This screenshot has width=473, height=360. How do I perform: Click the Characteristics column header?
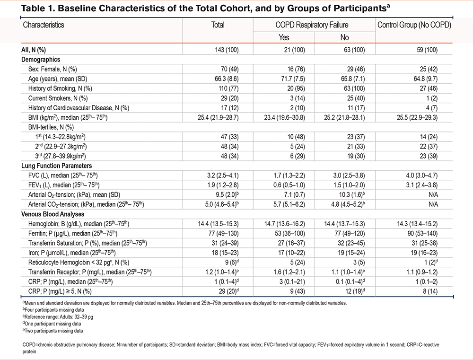pyautogui.click(x=44, y=25)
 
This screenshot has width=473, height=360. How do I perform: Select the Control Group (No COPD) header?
pyautogui.click(x=414, y=25)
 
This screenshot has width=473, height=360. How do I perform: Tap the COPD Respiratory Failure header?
pyautogui.click(x=312, y=25)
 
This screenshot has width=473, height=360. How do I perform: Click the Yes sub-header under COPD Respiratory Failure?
pyautogui.click(x=283, y=37)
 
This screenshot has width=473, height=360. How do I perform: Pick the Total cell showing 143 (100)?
pyautogui.click(x=227, y=50)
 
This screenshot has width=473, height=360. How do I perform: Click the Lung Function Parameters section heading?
pyautogui.click(x=56, y=166)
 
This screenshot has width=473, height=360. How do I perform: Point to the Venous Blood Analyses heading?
pyautogui.click(x=53, y=214)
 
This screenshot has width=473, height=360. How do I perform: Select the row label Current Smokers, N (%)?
pyautogui.click(x=58, y=98)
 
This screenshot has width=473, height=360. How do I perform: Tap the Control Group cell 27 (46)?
pyautogui.click(x=429, y=88)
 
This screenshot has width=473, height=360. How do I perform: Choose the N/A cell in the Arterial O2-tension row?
pyautogui.click(x=433, y=194)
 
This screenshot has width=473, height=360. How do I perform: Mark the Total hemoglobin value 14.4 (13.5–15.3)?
pyautogui.click(x=218, y=224)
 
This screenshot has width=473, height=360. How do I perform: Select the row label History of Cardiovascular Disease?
pyautogui.click(x=79, y=108)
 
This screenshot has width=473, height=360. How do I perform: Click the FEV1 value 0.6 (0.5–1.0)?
pyautogui.click(x=289, y=185)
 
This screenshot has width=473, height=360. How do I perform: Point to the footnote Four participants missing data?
pyautogui.click(x=53, y=309)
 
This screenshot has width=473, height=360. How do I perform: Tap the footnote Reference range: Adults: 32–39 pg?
pyautogui.click(x=58, y=317)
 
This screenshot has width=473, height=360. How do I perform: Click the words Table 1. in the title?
pyautogui.click(x=38, y=8)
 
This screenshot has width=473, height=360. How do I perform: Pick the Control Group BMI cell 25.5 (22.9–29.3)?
pyautogui.click(x=417, y=117)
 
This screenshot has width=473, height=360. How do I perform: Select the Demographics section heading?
pyautogui.click(x=41, y=60)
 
